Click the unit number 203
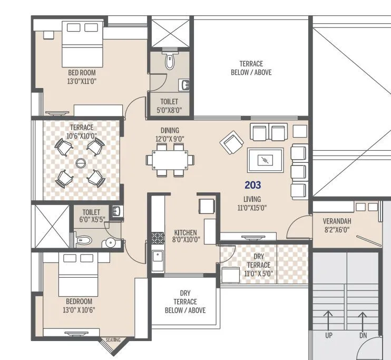[252, 185]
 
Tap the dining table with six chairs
[170, 159]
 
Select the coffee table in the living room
[266, 160]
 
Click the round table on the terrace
[81, 163]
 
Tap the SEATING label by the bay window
[113, 340]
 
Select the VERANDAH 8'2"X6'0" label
[337, 225]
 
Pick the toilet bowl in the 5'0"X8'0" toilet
[170, 61]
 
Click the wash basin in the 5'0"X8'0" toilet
[185, 85]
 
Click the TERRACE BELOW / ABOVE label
[251, 68]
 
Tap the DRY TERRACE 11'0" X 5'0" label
[258, 265]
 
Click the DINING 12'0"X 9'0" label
[170, 134]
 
